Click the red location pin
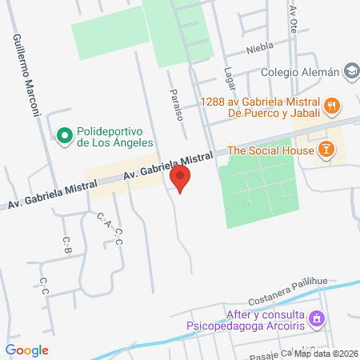(182, 180)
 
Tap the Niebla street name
(260, 46)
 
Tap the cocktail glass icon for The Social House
(326, 150)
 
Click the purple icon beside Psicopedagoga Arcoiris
(318, 318)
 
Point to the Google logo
(27, 350)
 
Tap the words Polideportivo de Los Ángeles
(116, 138)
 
